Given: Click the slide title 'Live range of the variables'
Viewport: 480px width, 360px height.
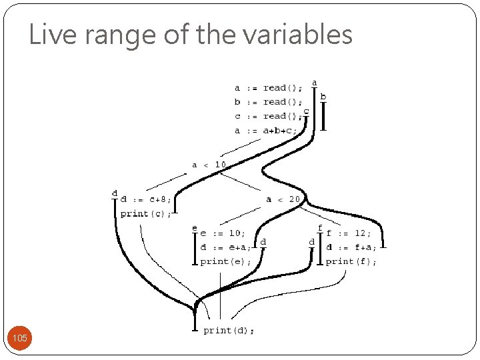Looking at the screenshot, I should (191, 35).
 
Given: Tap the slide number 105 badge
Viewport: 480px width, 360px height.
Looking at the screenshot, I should (20, 339).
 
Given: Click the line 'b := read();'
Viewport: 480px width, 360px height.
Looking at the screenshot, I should (267, 102).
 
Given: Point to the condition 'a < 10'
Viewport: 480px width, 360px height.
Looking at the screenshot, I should (209, 165).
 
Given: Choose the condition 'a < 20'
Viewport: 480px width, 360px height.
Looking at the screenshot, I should (283, 199).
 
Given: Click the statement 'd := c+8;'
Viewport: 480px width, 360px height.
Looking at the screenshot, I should (146, 199).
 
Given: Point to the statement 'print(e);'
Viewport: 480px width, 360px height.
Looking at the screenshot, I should (226, 262).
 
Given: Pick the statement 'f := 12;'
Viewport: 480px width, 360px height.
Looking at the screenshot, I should (348, 233).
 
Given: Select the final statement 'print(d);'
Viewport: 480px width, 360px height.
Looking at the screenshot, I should (229, 330).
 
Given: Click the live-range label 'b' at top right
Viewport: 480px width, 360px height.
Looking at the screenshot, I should (323, 97).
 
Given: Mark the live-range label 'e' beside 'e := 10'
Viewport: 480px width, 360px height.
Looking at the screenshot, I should (195, 229).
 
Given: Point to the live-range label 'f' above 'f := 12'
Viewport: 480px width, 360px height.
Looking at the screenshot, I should (320, 228).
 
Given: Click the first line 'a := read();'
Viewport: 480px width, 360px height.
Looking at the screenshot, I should (267, 88).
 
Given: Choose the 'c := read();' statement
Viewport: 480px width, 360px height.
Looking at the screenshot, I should (267, 117).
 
